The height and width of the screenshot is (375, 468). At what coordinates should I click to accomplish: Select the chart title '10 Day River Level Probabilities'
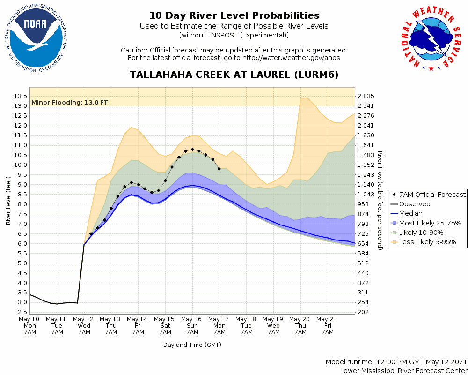[234, 16]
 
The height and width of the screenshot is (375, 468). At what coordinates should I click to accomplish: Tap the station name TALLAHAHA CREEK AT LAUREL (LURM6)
[234, 75]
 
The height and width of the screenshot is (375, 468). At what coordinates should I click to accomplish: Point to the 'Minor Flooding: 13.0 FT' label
[69, 102]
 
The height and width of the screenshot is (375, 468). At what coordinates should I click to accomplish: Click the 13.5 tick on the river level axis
[20, 96]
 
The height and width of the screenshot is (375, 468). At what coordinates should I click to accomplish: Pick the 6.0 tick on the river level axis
[20, 244]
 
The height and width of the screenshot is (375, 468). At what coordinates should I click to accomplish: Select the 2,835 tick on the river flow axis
[366, 96]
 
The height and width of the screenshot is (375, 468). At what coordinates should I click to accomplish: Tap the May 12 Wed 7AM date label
[84, 326]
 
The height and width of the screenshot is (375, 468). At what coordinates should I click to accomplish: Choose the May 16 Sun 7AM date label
[192, 326]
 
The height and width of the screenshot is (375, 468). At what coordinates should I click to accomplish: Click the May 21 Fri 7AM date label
[328, 326]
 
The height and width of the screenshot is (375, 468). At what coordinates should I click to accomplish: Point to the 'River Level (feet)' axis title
[8, 201]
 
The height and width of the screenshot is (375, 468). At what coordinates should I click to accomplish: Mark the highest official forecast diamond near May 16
[192, 149]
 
